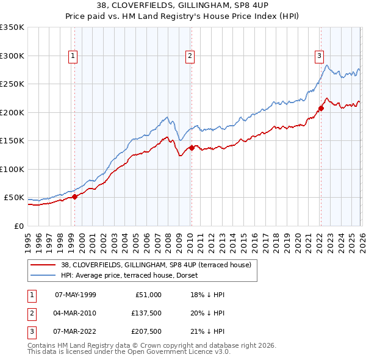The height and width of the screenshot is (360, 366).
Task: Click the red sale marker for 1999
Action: point(74,196)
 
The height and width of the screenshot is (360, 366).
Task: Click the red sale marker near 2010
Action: point(191,148)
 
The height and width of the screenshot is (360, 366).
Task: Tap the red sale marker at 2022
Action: point(320,108)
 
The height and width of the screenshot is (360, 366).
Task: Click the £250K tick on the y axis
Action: point(12,84)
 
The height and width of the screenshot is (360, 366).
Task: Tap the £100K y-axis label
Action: point(12,169)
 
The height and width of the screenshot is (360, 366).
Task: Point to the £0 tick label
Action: point(20,226)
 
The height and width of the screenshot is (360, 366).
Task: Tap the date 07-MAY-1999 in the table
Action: point(75,295)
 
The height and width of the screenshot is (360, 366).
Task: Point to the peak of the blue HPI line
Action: point(327,65)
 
